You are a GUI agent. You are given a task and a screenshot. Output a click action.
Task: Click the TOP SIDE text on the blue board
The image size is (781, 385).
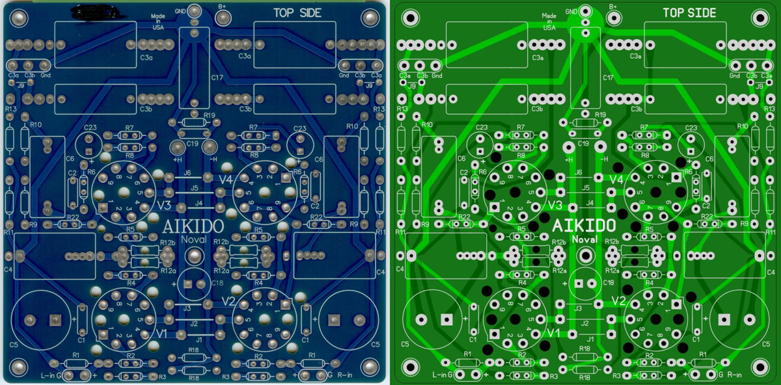pyautogui.click(x=297, y=13)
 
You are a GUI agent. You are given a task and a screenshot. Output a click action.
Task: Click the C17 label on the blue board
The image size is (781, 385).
pyautogui.click(x=217, y=77)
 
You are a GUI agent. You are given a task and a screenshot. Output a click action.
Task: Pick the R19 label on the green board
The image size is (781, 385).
pyautogui.click(x=599, y=115)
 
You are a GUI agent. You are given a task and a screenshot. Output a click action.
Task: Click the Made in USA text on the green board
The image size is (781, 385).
pyautogui.click(x=549, y=21)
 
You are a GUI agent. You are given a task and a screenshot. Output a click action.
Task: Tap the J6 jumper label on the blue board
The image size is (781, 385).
pyautogui.click(x=187, y=172)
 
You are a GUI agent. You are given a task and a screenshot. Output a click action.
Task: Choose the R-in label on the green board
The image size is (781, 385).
pyautogui.click(x=735, y=375)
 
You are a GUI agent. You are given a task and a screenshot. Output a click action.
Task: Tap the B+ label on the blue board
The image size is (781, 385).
pyautogui.click(x=223, y=7)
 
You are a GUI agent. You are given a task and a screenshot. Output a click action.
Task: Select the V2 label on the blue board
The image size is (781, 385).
pyautogui.click(x=228, y=300)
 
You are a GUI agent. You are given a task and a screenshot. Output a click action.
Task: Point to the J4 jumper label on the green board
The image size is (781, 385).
pyautogui.click(x=589, y=204)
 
